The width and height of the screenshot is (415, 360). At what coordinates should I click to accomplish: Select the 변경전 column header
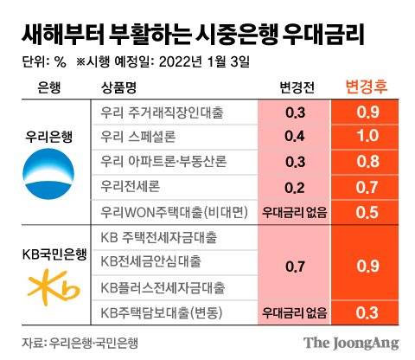pyautogui.click(x=294, y=89)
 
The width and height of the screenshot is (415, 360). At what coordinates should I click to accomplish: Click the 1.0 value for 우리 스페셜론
pyautogui.click(x=367, y=137)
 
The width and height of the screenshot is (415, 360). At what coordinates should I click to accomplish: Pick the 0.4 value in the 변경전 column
pyautogui.click(x=294, y=137)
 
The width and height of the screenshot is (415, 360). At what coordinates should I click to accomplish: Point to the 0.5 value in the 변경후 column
pyautogui.click(x=367, y=210)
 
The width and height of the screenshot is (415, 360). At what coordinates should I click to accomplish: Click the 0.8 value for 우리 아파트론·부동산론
pyautogui.click(x=367, y=162)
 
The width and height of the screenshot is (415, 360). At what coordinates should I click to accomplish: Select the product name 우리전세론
pyautogui.click(x=130, y=185)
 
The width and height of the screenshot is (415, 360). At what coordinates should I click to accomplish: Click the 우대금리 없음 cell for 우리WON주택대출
pyautogui.click(x=294, y=210)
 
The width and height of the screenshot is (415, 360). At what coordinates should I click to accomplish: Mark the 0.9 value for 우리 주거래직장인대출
pyautogui.click(x=367, y=112)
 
